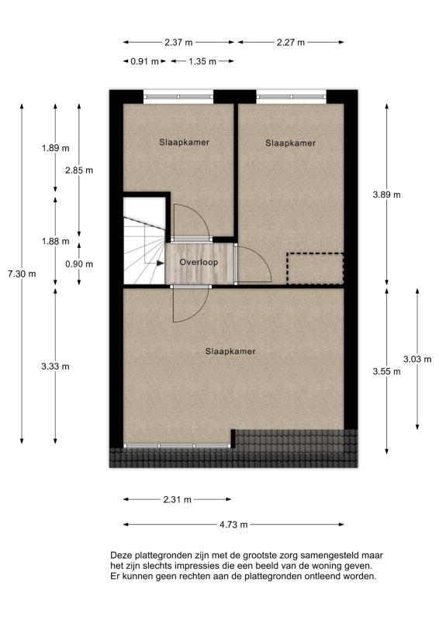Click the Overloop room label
(x=199, y=263)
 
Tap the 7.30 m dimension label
(x=21, y=274)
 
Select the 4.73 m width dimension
(x=233, y=525)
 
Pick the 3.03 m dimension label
(x=417, y=359)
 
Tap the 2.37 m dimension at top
(x=178, y=42)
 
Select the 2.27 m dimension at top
(x=291, y=42)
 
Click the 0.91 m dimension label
(x=144, y=60)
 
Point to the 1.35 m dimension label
(x=202, y=60)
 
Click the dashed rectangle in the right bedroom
(x=315, y=268)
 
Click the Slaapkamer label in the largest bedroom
(x=230, y=351)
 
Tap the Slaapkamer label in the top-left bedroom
(x=184, y=142)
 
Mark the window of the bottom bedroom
(x=179, y=446)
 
